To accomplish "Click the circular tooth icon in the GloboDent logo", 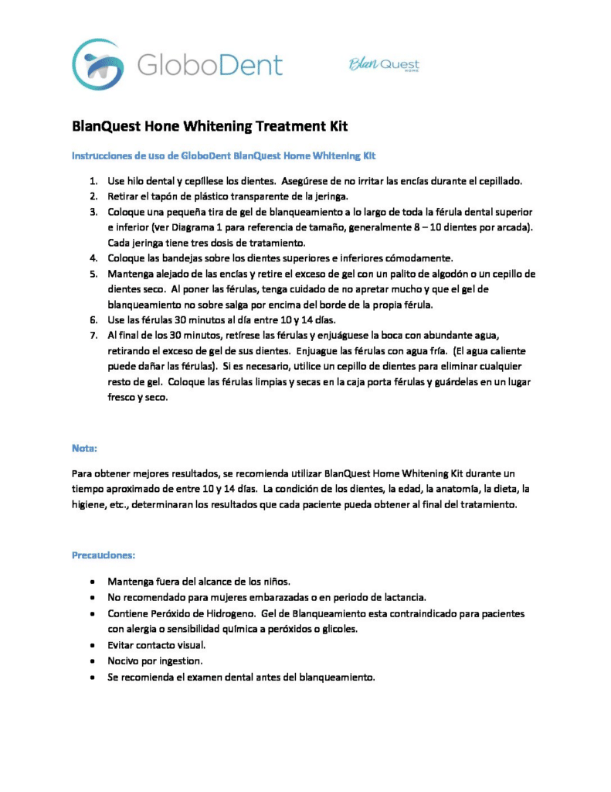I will [97, 64].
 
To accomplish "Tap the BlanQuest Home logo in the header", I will [384, 64].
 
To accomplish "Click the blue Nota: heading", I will [84, 448].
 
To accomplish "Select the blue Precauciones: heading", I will [104, 555].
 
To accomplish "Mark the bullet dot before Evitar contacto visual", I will [93, 644].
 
